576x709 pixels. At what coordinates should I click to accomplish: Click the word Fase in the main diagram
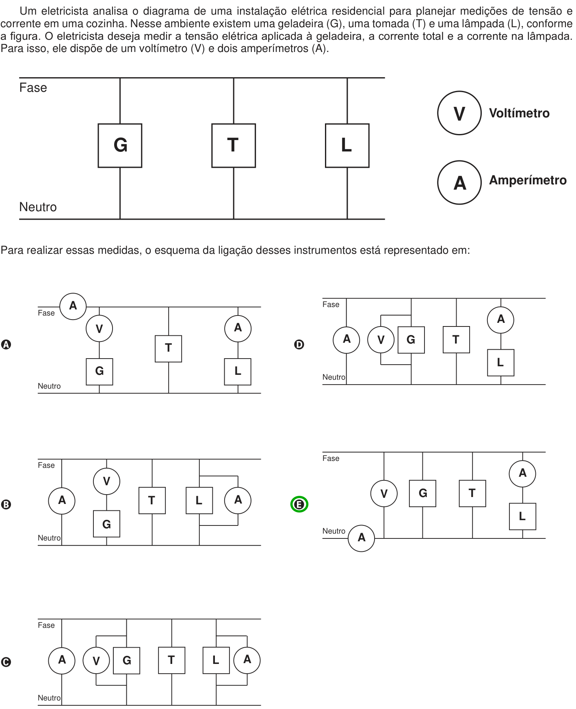[x=33, y=88]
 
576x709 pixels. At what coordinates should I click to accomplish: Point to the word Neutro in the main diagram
[x=38, y=207]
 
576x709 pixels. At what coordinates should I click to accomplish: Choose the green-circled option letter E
[x=299, y=504]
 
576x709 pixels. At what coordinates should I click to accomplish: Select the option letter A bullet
[x=6, y=344]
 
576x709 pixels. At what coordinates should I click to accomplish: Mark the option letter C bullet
[x=6, y=662]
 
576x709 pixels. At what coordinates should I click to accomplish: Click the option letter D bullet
[x=299, y=344]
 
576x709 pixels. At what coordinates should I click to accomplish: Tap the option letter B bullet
[x=6, y=504]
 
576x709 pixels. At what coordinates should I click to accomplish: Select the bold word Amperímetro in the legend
[x=528, y=180]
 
